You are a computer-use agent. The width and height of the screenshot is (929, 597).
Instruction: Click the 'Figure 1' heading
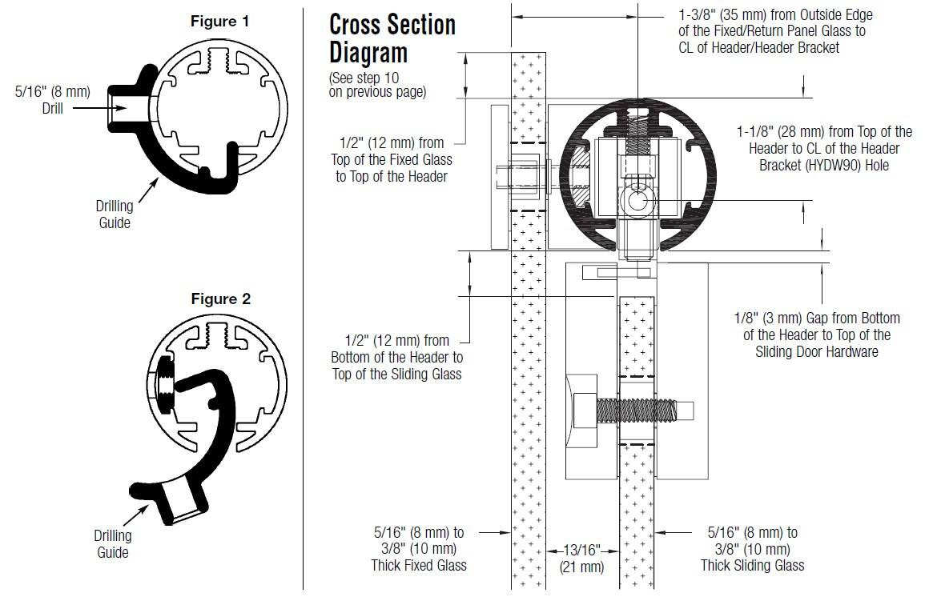[219, 22]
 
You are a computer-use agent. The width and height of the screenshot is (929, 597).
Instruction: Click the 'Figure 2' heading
[220, 299]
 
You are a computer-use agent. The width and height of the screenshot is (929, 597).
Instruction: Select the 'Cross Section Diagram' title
[392, 38]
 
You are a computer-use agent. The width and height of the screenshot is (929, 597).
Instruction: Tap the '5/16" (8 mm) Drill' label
[53, 100]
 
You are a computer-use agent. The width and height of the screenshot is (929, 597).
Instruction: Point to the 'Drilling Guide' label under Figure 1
[115, 214]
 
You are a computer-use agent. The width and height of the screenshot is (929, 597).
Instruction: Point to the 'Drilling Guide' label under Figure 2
[113, 543]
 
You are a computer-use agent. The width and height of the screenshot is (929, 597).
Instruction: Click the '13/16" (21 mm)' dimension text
[581, 559]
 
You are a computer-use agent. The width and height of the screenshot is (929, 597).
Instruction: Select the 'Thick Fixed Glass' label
[419, 566]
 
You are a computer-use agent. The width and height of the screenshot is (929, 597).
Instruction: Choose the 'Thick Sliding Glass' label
[753, 566]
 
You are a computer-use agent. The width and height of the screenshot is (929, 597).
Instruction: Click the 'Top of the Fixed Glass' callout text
[392, 160]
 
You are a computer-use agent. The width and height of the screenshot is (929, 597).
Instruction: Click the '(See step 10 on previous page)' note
[377, 85]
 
